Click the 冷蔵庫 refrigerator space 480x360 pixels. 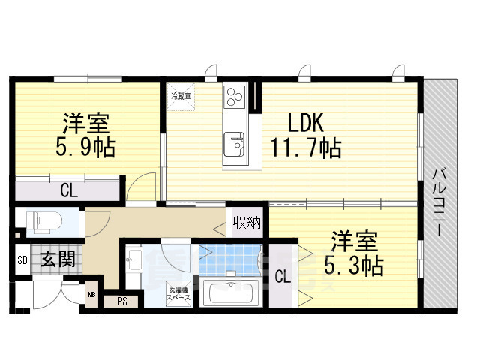click(181, 97)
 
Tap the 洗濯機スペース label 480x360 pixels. click(178, 294)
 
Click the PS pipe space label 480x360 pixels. click(121, 301)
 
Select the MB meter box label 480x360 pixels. click(91, 295)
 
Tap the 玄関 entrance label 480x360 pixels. click(57, 260)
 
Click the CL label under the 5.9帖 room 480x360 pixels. click(68, 190)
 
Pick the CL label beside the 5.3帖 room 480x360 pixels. click(283, 276)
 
